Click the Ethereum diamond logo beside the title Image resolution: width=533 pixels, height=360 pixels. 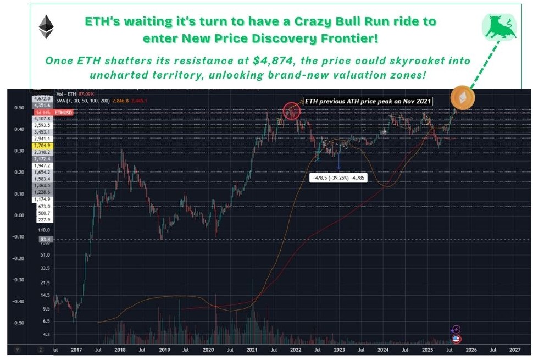[x=46, y=26]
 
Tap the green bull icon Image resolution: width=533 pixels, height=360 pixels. [x=499, y=27]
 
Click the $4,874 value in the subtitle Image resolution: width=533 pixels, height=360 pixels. [x=284, y=60]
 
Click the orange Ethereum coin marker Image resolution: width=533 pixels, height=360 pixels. [x=463, y=98]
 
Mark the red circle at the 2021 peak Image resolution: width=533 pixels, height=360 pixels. [x=292, y=112]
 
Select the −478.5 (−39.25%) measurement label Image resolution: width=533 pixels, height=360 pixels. [x=337, y=178]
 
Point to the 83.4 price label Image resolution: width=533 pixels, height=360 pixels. [x=45, y=240]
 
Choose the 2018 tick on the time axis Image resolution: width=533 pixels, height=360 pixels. [x=119, y=349]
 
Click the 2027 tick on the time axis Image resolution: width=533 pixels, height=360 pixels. [x=515, y=349]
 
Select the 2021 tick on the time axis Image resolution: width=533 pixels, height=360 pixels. [x=252, y=349]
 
